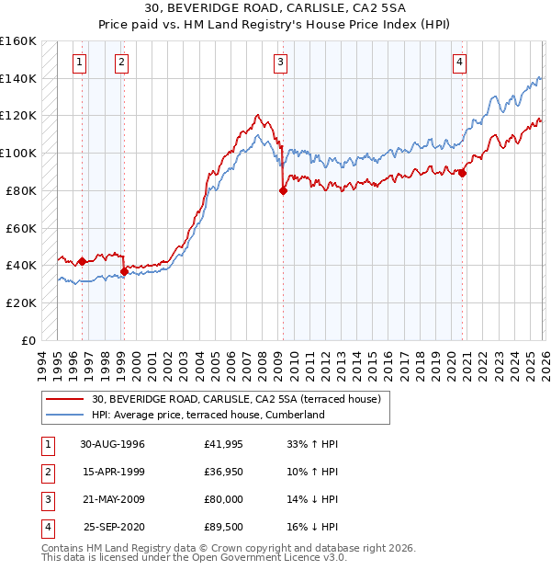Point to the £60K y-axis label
pos(21,227)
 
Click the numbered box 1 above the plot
pos(81,63)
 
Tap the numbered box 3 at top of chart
pos(280,63)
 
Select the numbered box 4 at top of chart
pos(458,63)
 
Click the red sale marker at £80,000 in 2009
pos(283,191)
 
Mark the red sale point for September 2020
pos(463,173)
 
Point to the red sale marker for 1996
pos(83,261)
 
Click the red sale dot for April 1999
pos(124,271)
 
